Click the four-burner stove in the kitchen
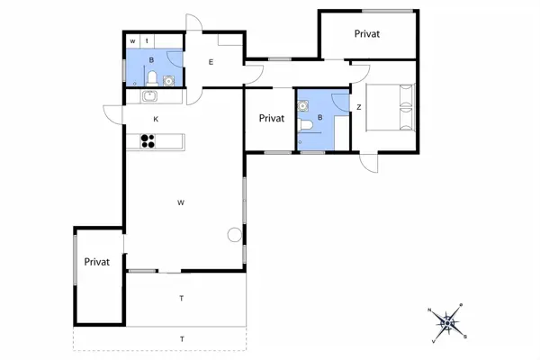[148, 141]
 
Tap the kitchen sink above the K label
[149, 96]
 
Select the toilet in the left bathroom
[152, 78]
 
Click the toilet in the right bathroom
[305, 125]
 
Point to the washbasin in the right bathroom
[302, 106]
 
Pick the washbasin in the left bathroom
[168, 81]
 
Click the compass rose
[447, 323]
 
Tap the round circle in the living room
[235, 235]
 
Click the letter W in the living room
[181, 202]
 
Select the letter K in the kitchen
[156, 119]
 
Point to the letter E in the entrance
[211, 62]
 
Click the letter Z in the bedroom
[359, 107]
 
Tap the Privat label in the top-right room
[367, 34]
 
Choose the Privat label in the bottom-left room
[97, 262]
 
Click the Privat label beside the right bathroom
[272, 118]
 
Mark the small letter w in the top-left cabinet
[132, 41]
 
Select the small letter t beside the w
[147, 41]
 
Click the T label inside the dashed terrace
[182, 339]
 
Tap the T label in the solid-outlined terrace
[182, 298]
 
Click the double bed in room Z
[391, 107]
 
